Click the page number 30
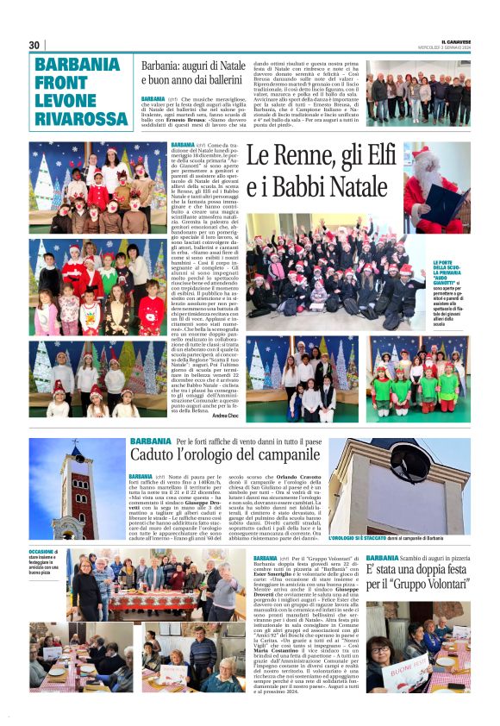click(34, 45)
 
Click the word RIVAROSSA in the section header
click(79, 117)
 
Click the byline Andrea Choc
click(226, 416)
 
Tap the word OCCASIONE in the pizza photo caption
click(42, 551)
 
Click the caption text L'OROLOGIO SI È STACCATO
click(353, 538)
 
